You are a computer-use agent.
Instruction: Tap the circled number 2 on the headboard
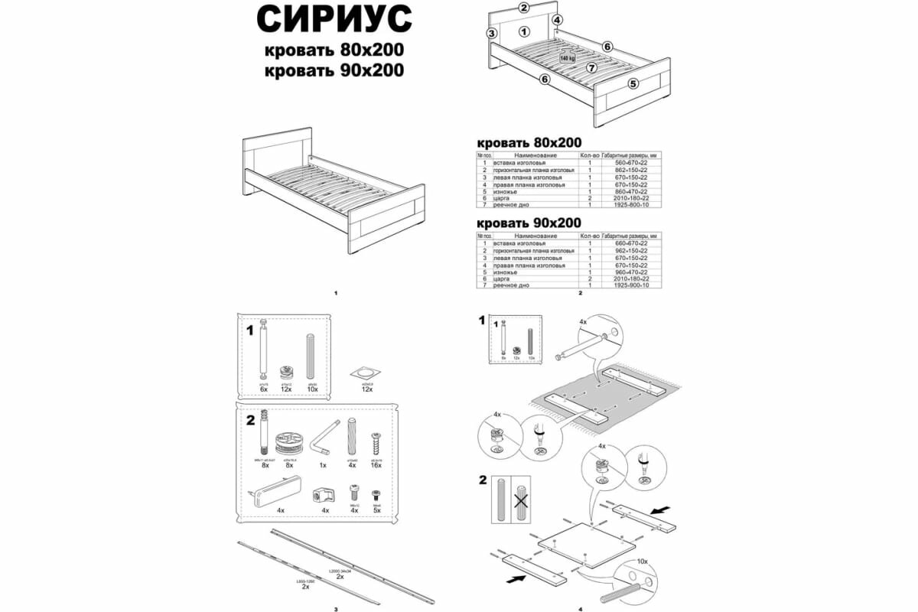(x=524, y=8)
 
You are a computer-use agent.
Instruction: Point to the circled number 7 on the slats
(x=591, y=67)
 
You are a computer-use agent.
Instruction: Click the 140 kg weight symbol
(x=567, y=57)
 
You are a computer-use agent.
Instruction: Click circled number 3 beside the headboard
(x=492, y=34)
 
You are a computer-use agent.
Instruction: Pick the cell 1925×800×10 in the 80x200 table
(x=630, y=206)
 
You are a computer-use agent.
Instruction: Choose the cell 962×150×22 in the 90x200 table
(x=630, y=250)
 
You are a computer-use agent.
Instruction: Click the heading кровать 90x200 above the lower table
(x=529, y=223)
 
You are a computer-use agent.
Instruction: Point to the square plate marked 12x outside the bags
(x=366, y=375)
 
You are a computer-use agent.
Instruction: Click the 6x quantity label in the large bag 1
(x=263, y=389)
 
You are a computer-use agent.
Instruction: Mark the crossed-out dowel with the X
(x=519, y=500)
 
